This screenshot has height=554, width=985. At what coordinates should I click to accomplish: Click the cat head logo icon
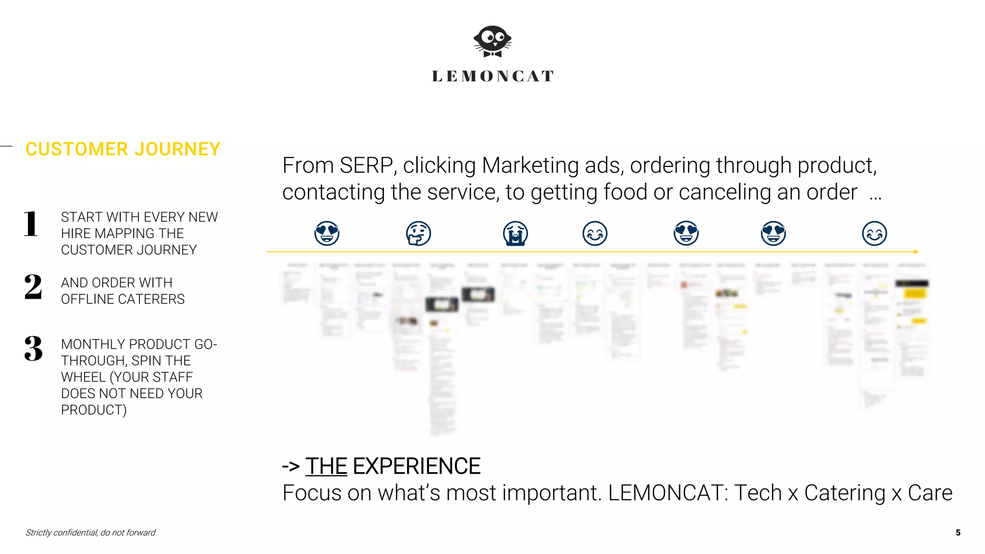(492, 41)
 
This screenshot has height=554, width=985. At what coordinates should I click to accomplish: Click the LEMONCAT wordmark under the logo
(492, 76)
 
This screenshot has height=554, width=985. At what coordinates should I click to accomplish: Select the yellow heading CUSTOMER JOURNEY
(123, 149)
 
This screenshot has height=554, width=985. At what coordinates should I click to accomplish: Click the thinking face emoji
(418, 234)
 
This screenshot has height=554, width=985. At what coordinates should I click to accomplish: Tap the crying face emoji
(515, 234)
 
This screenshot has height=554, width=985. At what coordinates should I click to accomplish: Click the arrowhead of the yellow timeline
(916, 252)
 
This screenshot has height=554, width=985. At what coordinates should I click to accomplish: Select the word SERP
(368, 165)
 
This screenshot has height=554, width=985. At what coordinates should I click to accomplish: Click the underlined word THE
(326, 466)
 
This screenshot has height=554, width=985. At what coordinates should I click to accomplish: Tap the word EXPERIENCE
(417, 466)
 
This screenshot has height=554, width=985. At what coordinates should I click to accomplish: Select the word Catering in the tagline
(845, 493)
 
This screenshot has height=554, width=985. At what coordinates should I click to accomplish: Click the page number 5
(958, 532)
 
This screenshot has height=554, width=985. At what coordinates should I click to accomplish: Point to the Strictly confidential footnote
(90, 532)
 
